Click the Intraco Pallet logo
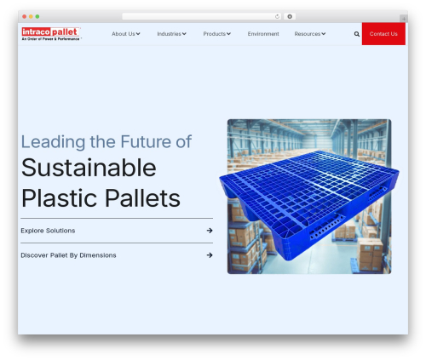[50, 34]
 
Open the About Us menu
[125, 34]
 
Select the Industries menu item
[171, 34]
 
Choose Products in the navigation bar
[216, 34]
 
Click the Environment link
[263, 34]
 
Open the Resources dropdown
[310, 34]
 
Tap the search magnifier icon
[356, 34]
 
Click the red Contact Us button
[383, 34]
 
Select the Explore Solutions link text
[48, 231]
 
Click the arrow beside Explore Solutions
[209, 231]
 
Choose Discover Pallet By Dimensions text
[68, 254]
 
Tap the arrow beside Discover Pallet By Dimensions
[209, 254]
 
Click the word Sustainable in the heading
[89, 168]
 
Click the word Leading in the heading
[52, 141]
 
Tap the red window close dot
[26, 16]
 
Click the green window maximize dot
[37, 16]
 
